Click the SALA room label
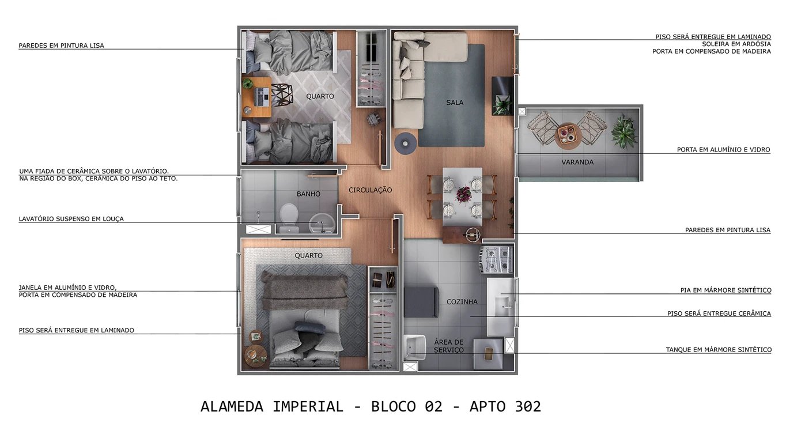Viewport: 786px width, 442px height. tap(454, 103)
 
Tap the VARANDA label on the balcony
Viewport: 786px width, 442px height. tap(577, 162)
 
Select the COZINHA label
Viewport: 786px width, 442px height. tap(462, 301)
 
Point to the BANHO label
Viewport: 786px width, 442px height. tap(308, 194)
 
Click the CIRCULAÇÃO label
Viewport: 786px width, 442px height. tap(370, 190)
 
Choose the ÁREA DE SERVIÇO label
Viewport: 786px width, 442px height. tap(448, 346)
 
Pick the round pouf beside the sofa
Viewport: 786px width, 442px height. tap(405, 143)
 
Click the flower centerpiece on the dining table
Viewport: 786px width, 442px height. tap(463, 194)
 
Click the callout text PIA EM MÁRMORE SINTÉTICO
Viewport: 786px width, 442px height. tap(725, 290)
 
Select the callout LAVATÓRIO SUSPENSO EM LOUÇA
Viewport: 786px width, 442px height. tap(71, 219)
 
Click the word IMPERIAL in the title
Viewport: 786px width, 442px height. tap(308, 406)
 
